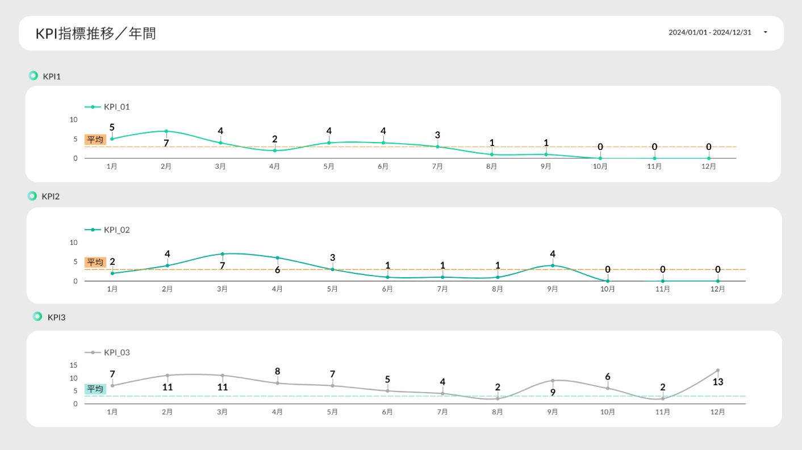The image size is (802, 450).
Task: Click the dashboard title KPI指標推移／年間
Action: pos(95,34)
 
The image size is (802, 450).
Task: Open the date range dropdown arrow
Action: pos(765,32)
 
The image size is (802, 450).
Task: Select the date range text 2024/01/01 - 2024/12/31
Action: pos(709,32)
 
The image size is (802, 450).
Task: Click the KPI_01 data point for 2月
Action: pos(166,131)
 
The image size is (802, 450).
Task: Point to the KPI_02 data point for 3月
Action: pos(223,254)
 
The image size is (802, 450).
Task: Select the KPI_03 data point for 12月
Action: pos(718,370)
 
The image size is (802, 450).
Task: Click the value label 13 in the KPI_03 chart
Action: pos(718,382)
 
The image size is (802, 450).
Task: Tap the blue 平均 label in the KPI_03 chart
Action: pos(95,389)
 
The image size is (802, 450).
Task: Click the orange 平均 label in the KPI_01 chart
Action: pos(95,140)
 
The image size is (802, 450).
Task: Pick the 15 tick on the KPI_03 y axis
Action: pos(73,365)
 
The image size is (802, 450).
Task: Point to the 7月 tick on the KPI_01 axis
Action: pos(437,166)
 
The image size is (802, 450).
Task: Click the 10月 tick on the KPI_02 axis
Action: pos(608,289)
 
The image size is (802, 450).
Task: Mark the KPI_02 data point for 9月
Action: pos(553,265)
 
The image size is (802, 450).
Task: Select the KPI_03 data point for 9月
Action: pos(553,381)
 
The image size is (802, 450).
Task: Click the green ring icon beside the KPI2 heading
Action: pos(32,196)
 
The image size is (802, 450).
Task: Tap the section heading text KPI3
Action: pos(57,318)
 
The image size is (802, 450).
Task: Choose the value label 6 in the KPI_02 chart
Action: pos(278,270)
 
